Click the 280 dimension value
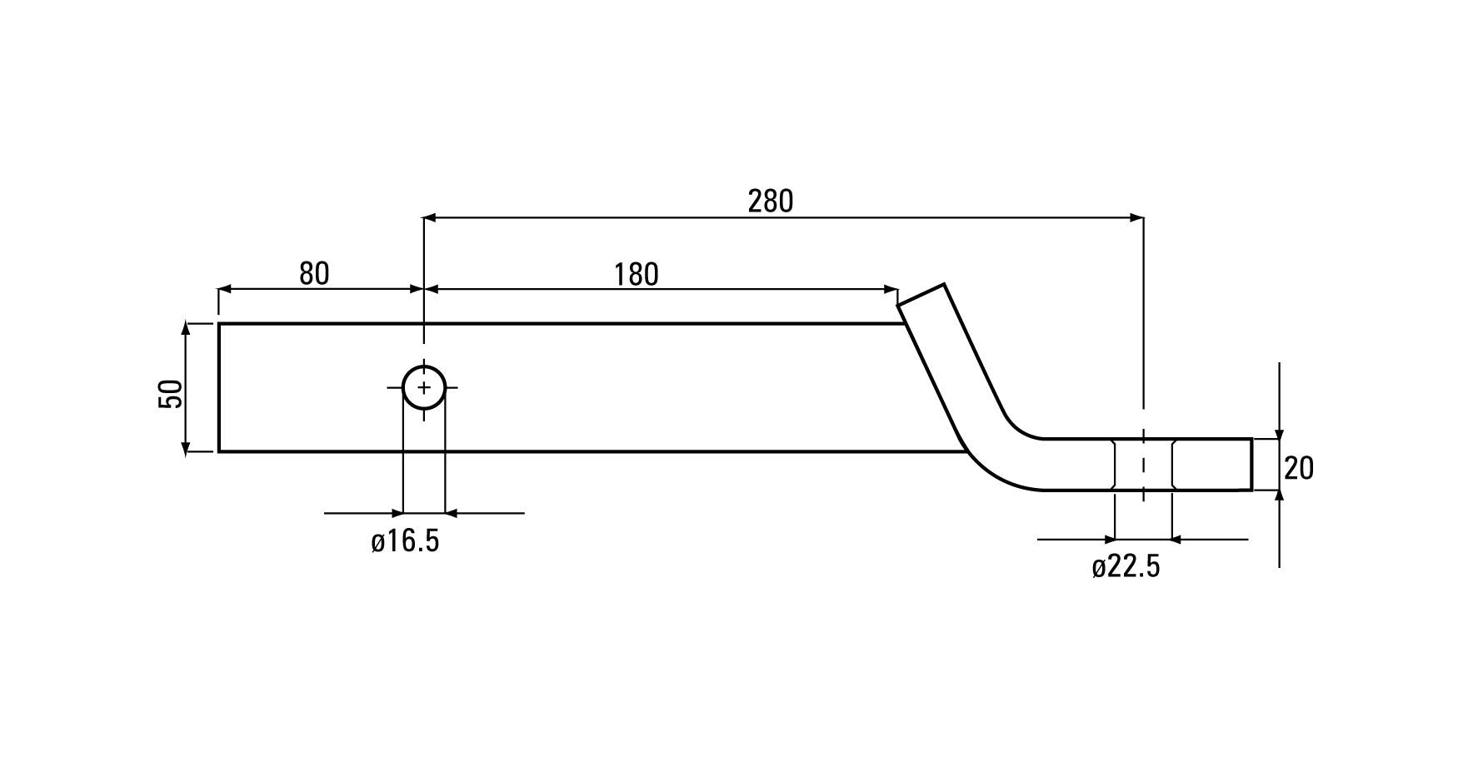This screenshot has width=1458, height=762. pyautogui.click(x=770, y=202)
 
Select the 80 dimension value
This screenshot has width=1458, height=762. pyautogui.click(x=314, y=273)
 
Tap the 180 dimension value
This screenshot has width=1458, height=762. pyautogui.click(x=637, y=274)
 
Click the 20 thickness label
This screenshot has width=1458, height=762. pyautogui.click(x=1299, y=469)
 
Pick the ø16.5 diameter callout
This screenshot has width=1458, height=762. pyautogui.click(x=405, y=541)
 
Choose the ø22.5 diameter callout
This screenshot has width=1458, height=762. pyautogui.click(x=1126, y=567)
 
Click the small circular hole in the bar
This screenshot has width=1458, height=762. pyautogui.click(x=424, y=387)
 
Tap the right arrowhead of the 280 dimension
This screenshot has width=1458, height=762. pyautogui.click(x=1136, y=218)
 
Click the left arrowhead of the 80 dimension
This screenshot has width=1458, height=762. pyautogui.click(x=226, y=290)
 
